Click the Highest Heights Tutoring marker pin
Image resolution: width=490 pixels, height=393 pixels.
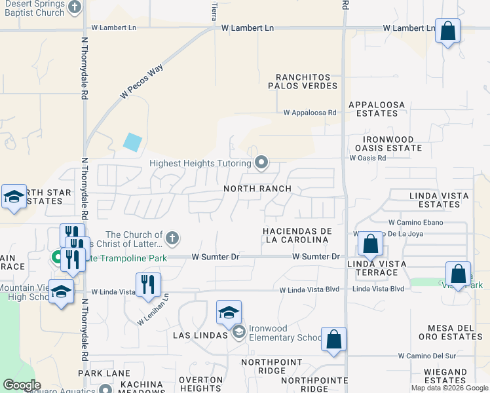tap(261, 162)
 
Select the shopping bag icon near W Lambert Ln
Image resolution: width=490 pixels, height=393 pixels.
tap(447, 31)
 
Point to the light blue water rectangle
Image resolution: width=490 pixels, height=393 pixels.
tap(132, 142)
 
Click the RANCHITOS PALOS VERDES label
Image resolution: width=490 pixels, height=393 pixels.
tap(303, 81)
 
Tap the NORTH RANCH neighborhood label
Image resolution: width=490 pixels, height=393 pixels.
tap(257, 189)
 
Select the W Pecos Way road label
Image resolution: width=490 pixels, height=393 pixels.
tap(141, 82)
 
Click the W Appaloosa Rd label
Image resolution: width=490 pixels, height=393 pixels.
tap(310, 113)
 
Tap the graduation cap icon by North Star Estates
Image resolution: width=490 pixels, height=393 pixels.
tap(14, 197)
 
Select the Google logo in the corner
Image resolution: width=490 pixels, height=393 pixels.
tap(22, 384)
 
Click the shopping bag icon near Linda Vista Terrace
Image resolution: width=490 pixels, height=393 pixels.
tap(370, 244)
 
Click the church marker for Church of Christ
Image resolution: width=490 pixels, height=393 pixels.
tap(172, 237)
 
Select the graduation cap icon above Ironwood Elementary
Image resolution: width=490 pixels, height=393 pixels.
tap(228, 312)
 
